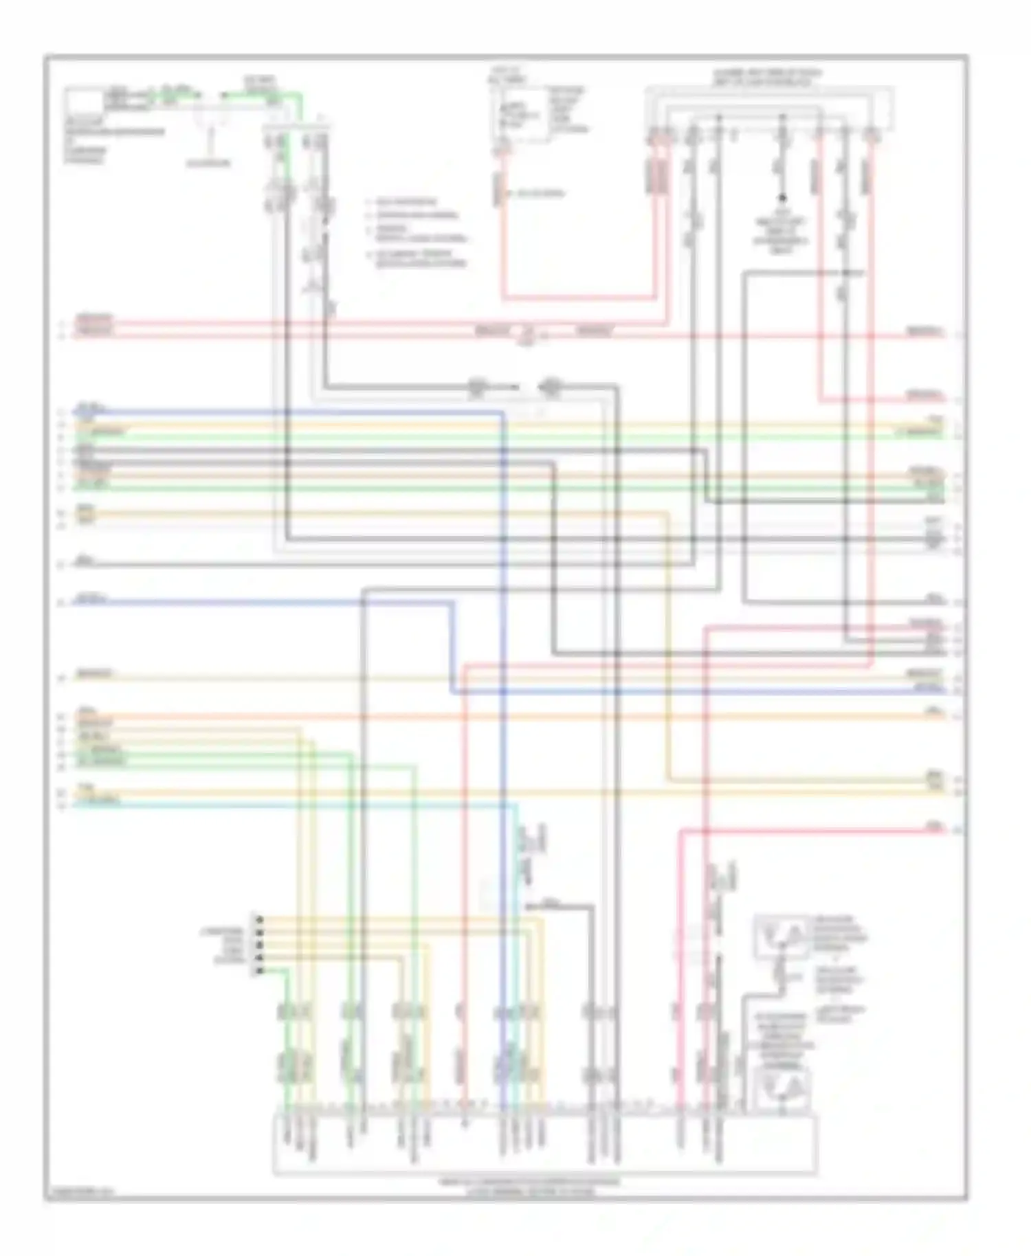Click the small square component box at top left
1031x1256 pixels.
82,102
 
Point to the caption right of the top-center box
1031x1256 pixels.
568,110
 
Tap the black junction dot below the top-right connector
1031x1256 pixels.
781,198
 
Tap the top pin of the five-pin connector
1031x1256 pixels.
259,919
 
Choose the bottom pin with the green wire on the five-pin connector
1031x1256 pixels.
259,970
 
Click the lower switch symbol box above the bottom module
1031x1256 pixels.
781,1088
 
